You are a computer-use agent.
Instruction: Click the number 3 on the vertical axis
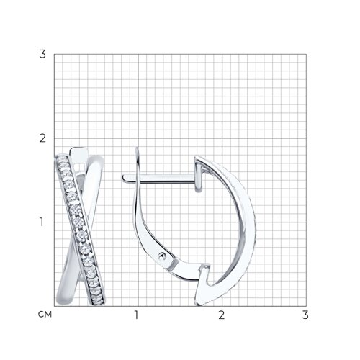pos(42,54)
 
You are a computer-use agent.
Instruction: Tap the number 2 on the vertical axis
pos(42,138)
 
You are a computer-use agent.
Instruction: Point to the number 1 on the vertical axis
pos(42,222)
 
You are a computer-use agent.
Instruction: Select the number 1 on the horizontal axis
pos(137,315)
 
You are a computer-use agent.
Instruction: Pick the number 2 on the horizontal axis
pos(221,315)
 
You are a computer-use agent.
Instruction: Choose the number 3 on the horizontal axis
pos(305,315)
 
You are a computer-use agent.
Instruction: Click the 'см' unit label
pos(45,315)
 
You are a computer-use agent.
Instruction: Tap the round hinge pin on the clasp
pos(163,256)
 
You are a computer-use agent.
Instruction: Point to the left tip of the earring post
pos(122,178)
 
